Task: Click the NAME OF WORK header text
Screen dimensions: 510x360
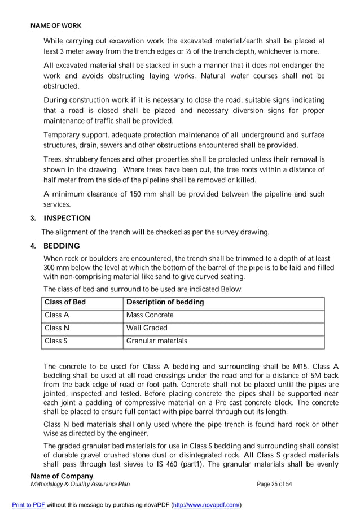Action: [x=56, y=25]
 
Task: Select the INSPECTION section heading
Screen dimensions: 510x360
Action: [x=67, y=218]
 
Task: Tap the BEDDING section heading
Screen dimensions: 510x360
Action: [x=62, y=246]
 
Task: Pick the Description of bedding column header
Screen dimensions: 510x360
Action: [x=165, y=303]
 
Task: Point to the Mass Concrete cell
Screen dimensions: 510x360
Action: [x=150, y=315]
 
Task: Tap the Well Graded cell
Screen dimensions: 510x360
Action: [x=147, y=328]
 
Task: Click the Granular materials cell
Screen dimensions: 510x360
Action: [x=156, y=341]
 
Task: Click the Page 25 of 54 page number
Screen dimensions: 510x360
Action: [x=274, y=484]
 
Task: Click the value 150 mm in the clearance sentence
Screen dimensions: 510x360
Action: [x=142, y=194]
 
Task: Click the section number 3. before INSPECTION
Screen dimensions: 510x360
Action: [x=33, y=218]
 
